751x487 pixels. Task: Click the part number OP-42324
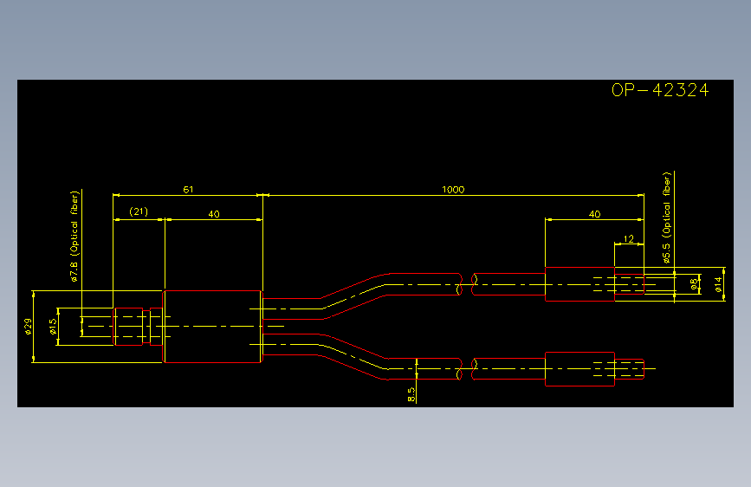(x=660, y=90)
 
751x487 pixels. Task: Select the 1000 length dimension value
(x=453, y=190)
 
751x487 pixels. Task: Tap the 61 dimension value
(x=188, y=190)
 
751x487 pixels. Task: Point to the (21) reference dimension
(x=139, y=211)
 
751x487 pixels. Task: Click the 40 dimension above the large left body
(x=214, y=214)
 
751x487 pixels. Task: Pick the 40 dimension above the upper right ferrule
(x=594, y=214)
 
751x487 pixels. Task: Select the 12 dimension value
(x=629, y=238)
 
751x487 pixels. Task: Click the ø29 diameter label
(x=29, y=327)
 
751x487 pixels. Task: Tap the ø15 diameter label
(x=53, y=327)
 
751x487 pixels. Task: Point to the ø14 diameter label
(x=718, y=285)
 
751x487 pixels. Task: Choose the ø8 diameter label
(x=694, y=284)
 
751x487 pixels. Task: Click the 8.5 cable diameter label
(x=411, y=394)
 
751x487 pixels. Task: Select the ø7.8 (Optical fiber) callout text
(x=74, y=237)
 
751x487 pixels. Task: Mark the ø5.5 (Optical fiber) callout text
(x=667, y=218)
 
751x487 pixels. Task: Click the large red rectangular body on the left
(x=212, y=327)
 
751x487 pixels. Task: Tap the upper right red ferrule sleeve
(x=579, y=284)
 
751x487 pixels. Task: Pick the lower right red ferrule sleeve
(x=579, y=369)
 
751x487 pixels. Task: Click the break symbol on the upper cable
(x=468, y=284)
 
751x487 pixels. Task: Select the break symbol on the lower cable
(x=468, y=369)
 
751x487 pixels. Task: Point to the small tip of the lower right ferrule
(x=630, y=369)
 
